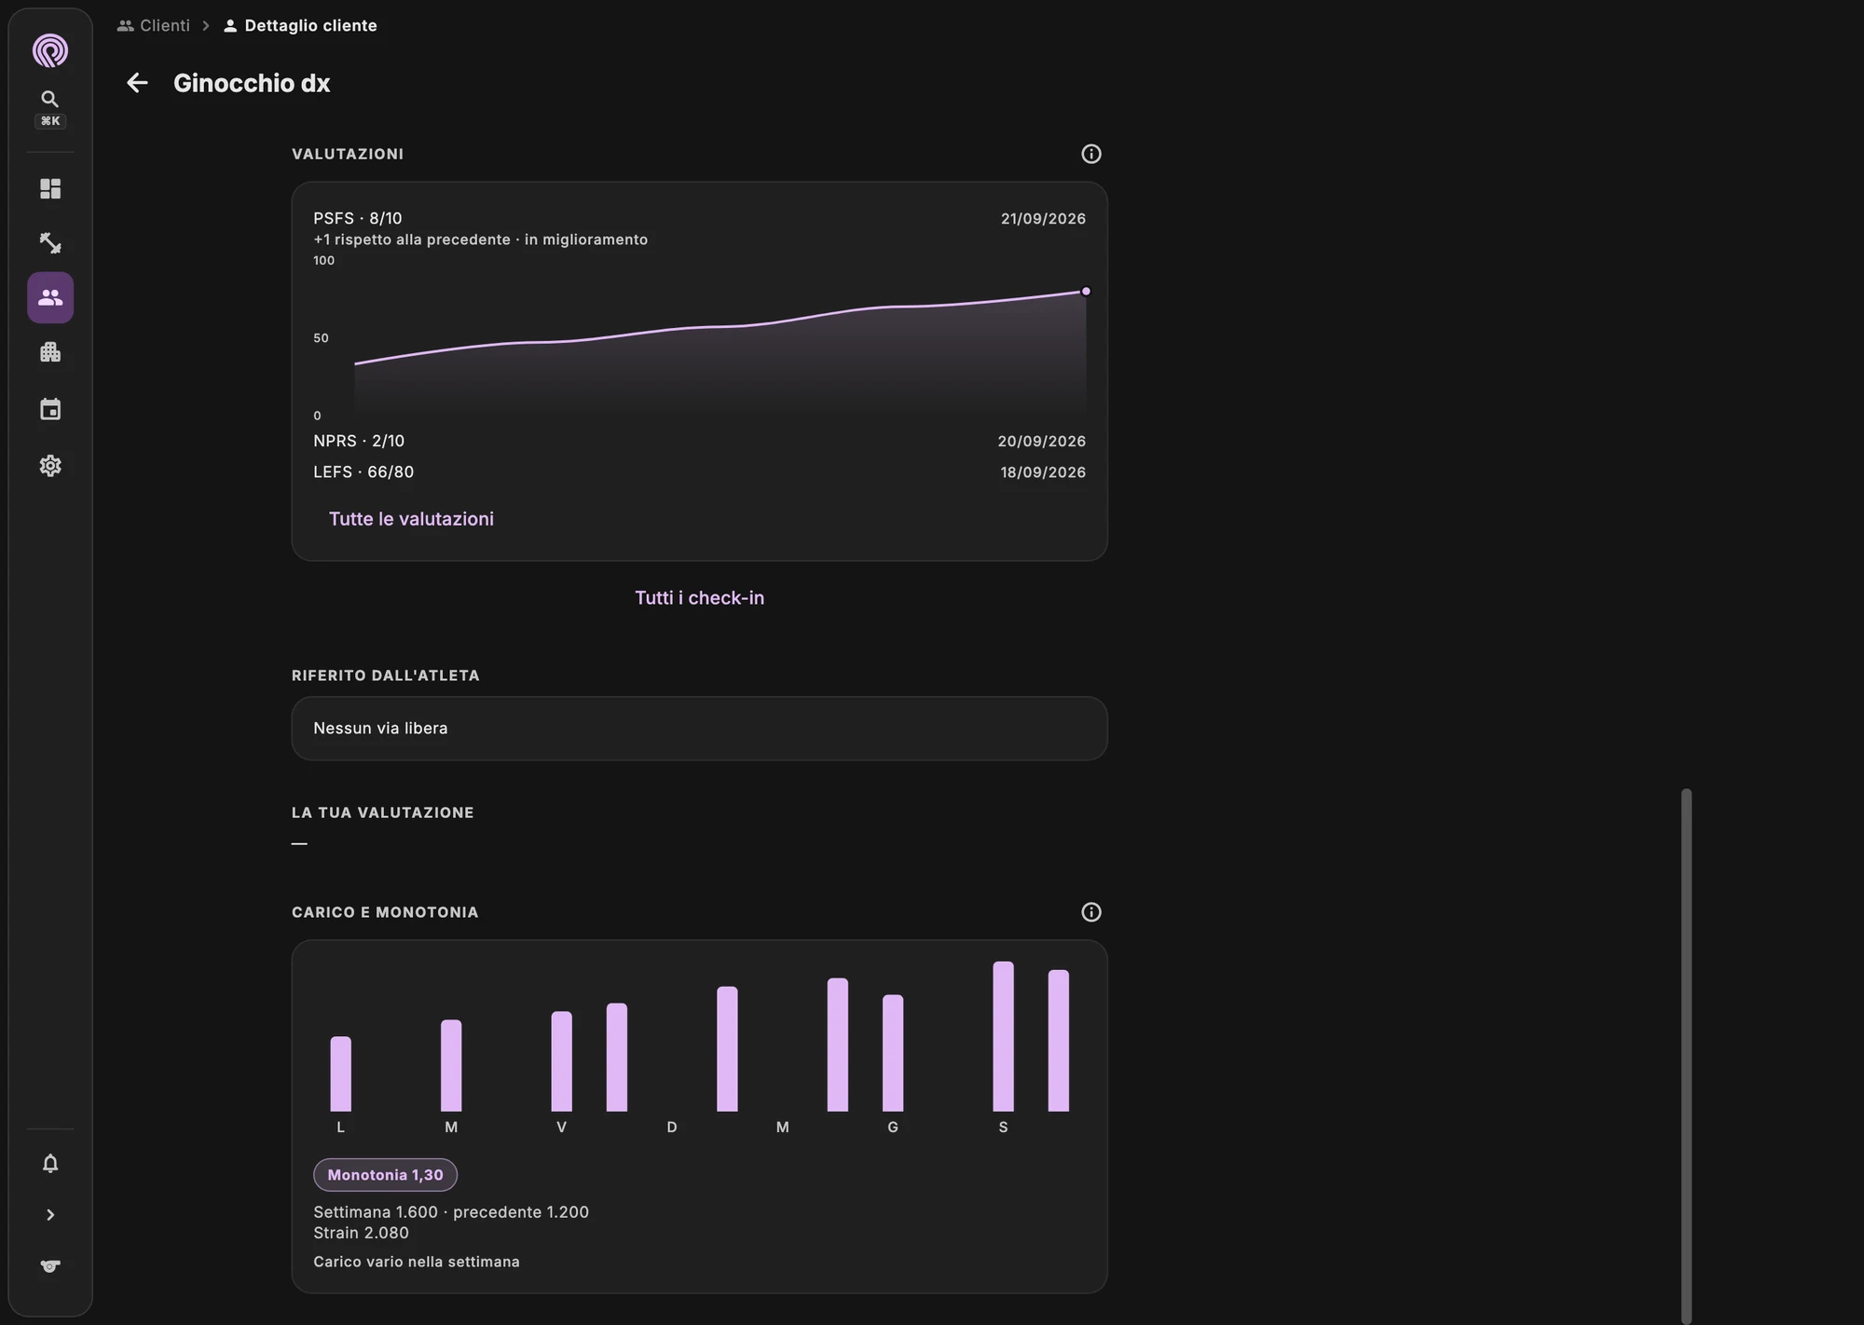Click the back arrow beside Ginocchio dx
point(137,83)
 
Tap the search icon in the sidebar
point(50,99)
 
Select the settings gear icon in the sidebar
point(50,466)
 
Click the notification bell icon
point(50,1164)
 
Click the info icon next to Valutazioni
point(1091,154)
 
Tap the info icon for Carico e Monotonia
point(1091,912)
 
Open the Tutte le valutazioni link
point(411,519)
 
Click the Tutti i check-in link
point(700,598)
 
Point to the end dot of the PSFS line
point(1086,292)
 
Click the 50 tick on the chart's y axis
point(321,338)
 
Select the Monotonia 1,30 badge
point(385,1175)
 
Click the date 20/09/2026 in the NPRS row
point(1042,442)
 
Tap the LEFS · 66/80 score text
point(363,472)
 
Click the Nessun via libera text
point(380,729)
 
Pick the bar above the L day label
point(341,1074)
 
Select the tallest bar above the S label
point(1003,1037)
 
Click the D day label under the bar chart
point(672,1127)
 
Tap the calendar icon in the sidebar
point(50,409)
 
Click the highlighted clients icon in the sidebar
point(50,298)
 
